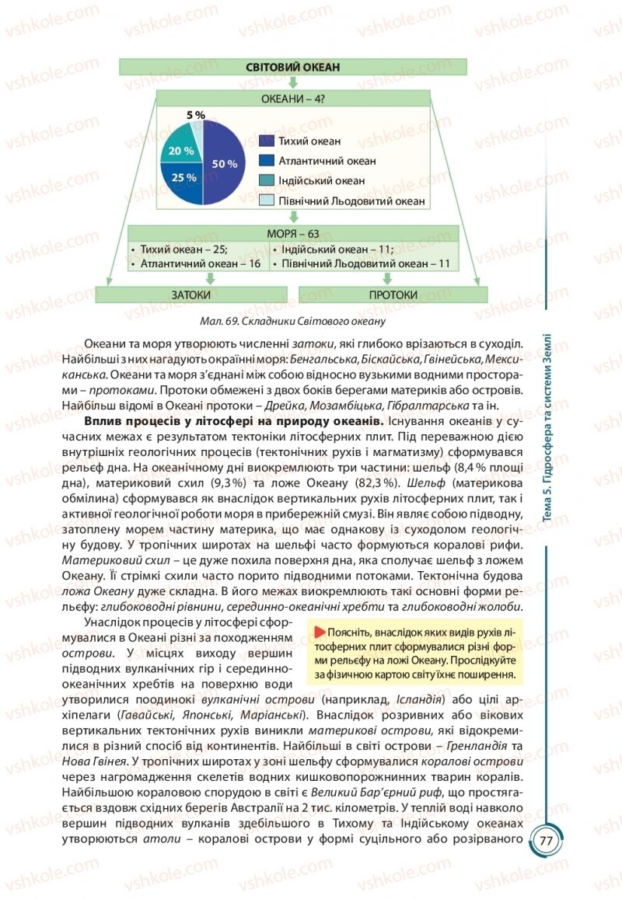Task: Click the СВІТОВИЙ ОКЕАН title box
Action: [x=292, y=67]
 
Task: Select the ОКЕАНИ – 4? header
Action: [x=292, y=99]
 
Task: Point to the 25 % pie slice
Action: [x=183, y=179]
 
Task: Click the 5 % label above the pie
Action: [x=196, y=115]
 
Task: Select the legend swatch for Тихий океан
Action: [x=266, y=141]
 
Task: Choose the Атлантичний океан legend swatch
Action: [x=266, y=161]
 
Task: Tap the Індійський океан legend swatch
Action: [x=266, y=180]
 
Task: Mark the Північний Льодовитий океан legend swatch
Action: [x=266, y=200]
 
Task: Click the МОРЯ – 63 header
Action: [x=292, y=233]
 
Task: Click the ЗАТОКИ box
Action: [x=191, y=295]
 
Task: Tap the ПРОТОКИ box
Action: [x=393, y=295]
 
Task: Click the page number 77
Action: [x=545, y=842]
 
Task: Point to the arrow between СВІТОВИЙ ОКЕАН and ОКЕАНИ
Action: [x=292, y=82]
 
